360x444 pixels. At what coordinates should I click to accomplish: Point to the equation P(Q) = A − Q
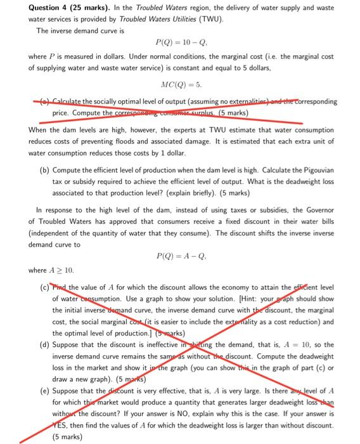click(x=181, y=257)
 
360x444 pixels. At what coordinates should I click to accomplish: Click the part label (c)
click(x=44, y=288)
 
